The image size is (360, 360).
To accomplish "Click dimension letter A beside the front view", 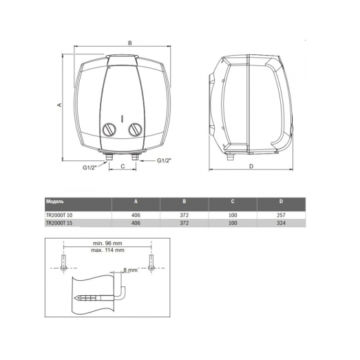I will [60, 105].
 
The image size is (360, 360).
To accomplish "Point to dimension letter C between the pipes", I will [122, 167].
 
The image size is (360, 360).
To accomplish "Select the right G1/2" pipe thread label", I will [164, 160].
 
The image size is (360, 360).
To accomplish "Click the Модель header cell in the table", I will [55, 202].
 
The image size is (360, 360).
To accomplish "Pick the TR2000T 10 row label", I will [62, 215].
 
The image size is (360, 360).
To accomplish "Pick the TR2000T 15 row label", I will [62, 223].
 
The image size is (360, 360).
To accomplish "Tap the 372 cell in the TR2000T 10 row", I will [184, 215].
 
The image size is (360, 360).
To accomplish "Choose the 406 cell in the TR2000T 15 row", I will [136, 223].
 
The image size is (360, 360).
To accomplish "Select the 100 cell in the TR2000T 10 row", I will [233, 215].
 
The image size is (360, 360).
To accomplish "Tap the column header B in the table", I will [184, 202].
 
